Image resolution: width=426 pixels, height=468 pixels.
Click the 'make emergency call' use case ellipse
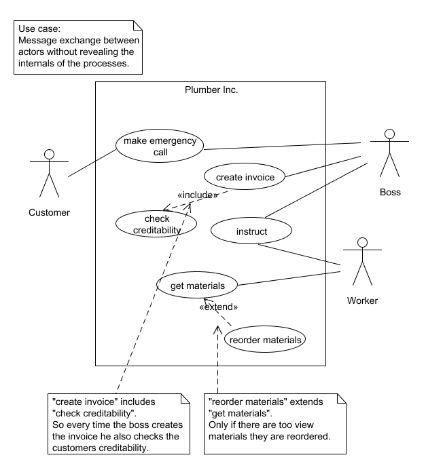tap(160, 146)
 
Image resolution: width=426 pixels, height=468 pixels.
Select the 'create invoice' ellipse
tap(245, 176)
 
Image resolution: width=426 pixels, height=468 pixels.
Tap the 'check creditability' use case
tap(156, 224)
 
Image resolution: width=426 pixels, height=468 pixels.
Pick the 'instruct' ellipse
tap(251, 231)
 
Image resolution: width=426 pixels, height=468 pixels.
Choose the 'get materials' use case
tap(197, 285)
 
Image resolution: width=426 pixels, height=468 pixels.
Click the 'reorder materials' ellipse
tap(265, 339)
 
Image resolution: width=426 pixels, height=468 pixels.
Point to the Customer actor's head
tap(49, 155)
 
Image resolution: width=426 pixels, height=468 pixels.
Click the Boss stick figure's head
tap(389, 134)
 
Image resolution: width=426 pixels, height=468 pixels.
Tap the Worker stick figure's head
tap(362, 243)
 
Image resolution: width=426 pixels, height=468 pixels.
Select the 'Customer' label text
tap(49, 212)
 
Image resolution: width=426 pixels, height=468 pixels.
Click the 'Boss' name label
tap(390, 192)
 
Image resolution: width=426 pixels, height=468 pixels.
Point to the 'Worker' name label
tap(362, 300)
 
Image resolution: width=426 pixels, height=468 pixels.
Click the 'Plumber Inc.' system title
tap(211, 90)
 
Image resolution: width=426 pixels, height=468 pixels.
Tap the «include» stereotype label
tap(198, 195)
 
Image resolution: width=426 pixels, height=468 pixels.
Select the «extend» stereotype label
tap(219, 307)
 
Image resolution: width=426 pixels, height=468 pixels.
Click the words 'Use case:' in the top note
tap(39, 28)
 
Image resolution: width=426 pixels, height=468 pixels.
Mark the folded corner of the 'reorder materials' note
tap(342, 398)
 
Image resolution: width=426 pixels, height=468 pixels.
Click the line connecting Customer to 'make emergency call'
tap(92, 163)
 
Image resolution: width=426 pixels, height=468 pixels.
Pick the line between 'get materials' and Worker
tap(289, 279)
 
